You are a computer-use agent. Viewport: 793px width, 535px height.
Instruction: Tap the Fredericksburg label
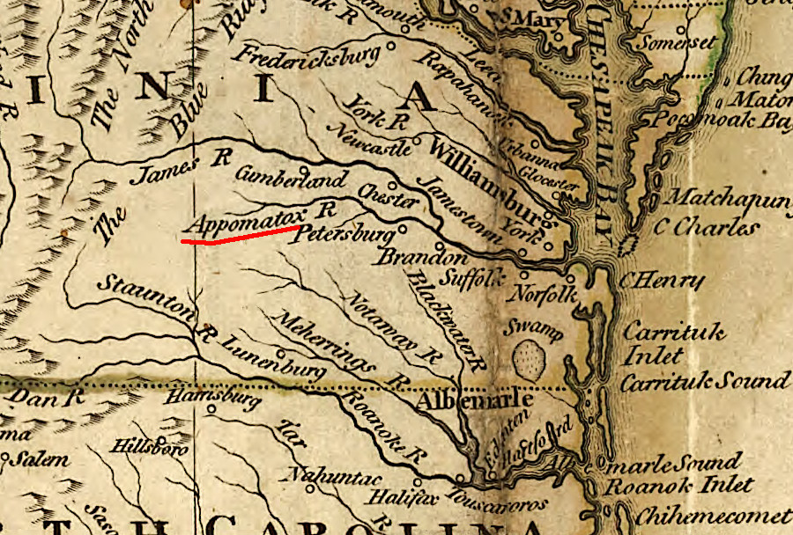point(306,55)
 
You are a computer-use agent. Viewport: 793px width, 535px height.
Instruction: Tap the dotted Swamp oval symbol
point(528,357)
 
